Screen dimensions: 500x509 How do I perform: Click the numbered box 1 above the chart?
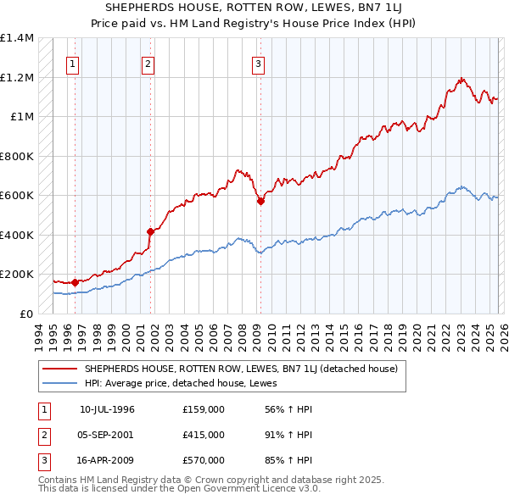(72, 64)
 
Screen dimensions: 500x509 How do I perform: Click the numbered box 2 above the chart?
(148, 64)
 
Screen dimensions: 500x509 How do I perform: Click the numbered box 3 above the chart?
(257, 64)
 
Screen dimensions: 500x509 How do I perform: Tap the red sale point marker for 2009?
(260, 202)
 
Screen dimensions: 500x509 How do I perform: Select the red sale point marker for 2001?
(150, 231)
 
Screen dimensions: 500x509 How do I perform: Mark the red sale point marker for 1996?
(75, 282)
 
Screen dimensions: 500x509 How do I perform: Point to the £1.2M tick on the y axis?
(17, 77)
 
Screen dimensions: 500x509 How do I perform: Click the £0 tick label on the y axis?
(25, 314)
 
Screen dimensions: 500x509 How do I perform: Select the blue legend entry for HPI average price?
(187, 383)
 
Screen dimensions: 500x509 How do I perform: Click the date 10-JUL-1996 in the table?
(107, 409)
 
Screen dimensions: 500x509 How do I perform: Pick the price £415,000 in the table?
(204, 435)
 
